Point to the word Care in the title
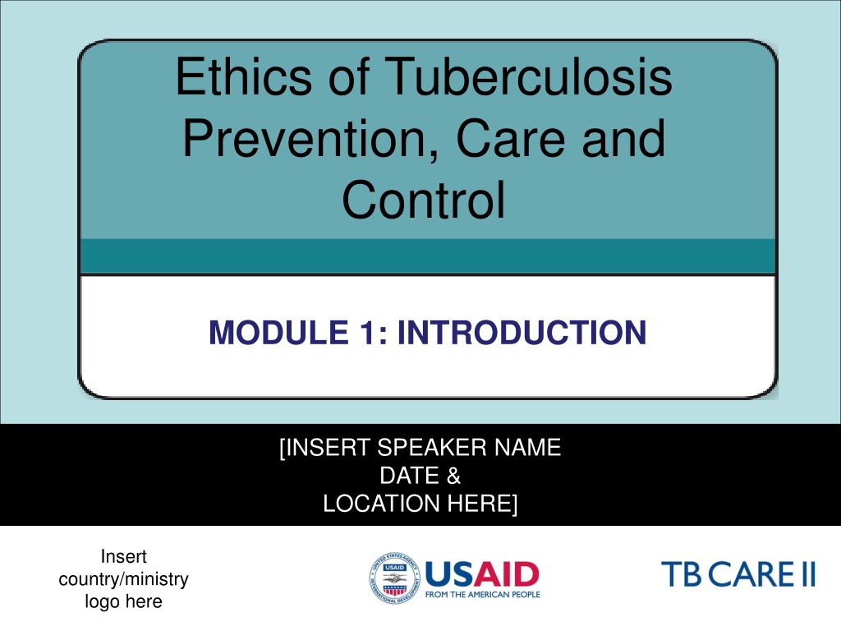[x=509, y=138]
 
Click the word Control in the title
[x=424, y=200]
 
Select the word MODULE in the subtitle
[x=279, y=333]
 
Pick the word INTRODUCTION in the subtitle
[x=522, y=333]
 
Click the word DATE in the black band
[x=409, y=476]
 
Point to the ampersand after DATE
[x=453, y=476]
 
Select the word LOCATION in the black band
[x=381, y=504]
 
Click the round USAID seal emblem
[x=395, y=578]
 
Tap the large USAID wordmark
[x=482, y=574]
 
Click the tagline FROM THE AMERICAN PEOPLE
[x=483, y=595]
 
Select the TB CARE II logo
[x=738, y=574]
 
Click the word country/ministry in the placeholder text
[x=123, y=579]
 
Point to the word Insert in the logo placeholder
[x=123, y=556]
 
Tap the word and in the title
[x=624, y=138]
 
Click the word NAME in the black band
[x=528, y=448]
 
